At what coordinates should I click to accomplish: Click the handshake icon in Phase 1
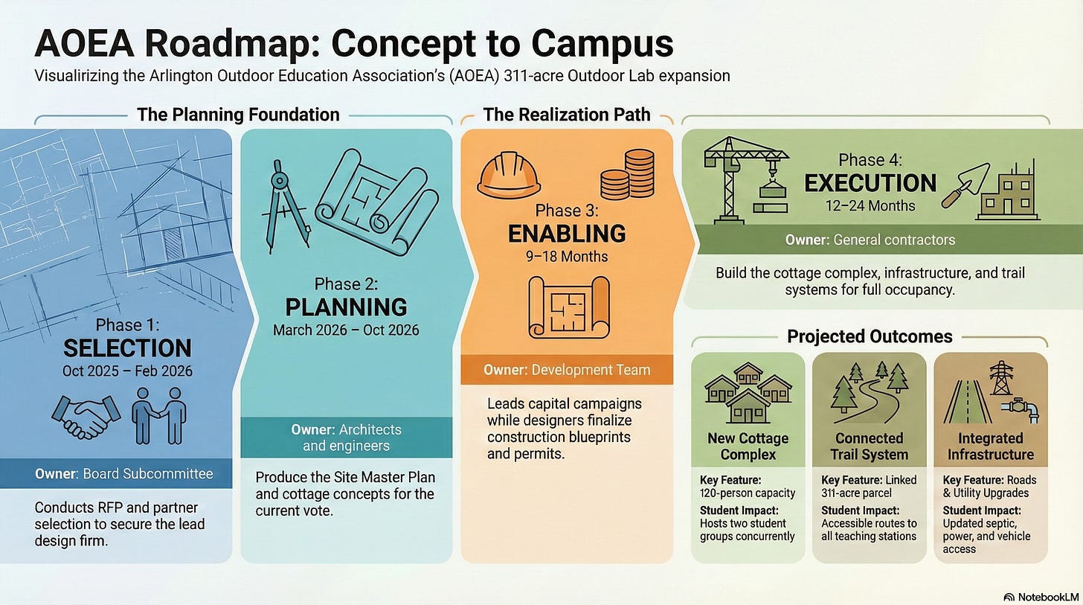[x=86, y=417]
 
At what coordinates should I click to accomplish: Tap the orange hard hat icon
[x=509, y=176]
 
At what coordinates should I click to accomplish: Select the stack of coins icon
[x=627, y=173]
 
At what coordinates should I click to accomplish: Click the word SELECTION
[x=127, y=348]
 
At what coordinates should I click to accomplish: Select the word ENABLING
[x=567, y=234]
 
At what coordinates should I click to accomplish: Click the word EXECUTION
[x=870, y=183]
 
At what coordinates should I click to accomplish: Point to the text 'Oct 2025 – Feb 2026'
[x=127, y=370]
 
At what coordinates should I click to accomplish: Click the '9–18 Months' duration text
[x=567, y=257]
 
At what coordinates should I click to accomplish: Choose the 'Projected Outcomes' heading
[x=870, y=336]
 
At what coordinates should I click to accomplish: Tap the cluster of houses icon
[x=748, y=393]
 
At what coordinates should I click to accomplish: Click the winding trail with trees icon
[x=869, y=392]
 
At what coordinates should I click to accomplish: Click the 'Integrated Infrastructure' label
[x=990, y=446]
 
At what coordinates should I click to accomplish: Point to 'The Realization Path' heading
[x=567, y=115]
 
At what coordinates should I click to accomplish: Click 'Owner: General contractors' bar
[x=870, y=240]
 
